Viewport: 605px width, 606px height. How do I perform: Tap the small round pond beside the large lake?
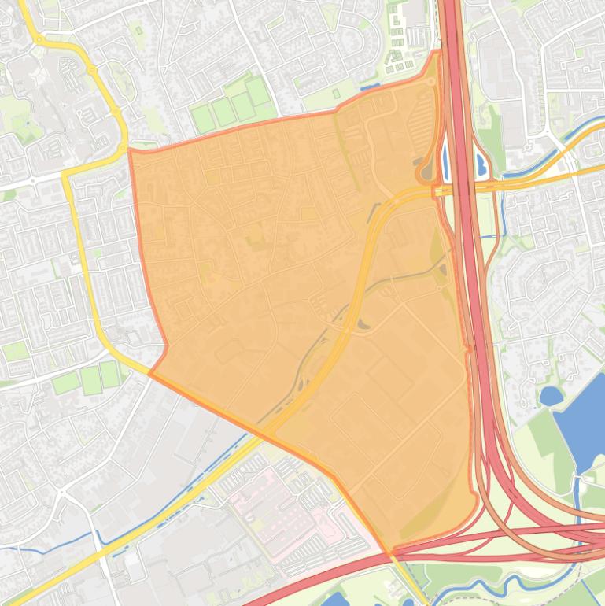point(550,395)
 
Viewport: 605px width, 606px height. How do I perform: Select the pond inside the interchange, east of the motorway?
point(481,164)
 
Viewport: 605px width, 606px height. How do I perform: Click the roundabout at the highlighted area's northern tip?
point(430,81)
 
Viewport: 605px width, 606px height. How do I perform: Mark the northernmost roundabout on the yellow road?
point(38,39)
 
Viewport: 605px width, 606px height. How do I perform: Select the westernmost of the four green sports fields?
point(203,119)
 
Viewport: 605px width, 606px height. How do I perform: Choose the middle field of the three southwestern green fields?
point(90,380)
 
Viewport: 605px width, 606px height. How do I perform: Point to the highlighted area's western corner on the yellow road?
point(149,372)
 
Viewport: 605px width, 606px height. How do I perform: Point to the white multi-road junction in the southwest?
point(61,493)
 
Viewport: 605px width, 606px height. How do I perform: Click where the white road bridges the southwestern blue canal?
point(98,542)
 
